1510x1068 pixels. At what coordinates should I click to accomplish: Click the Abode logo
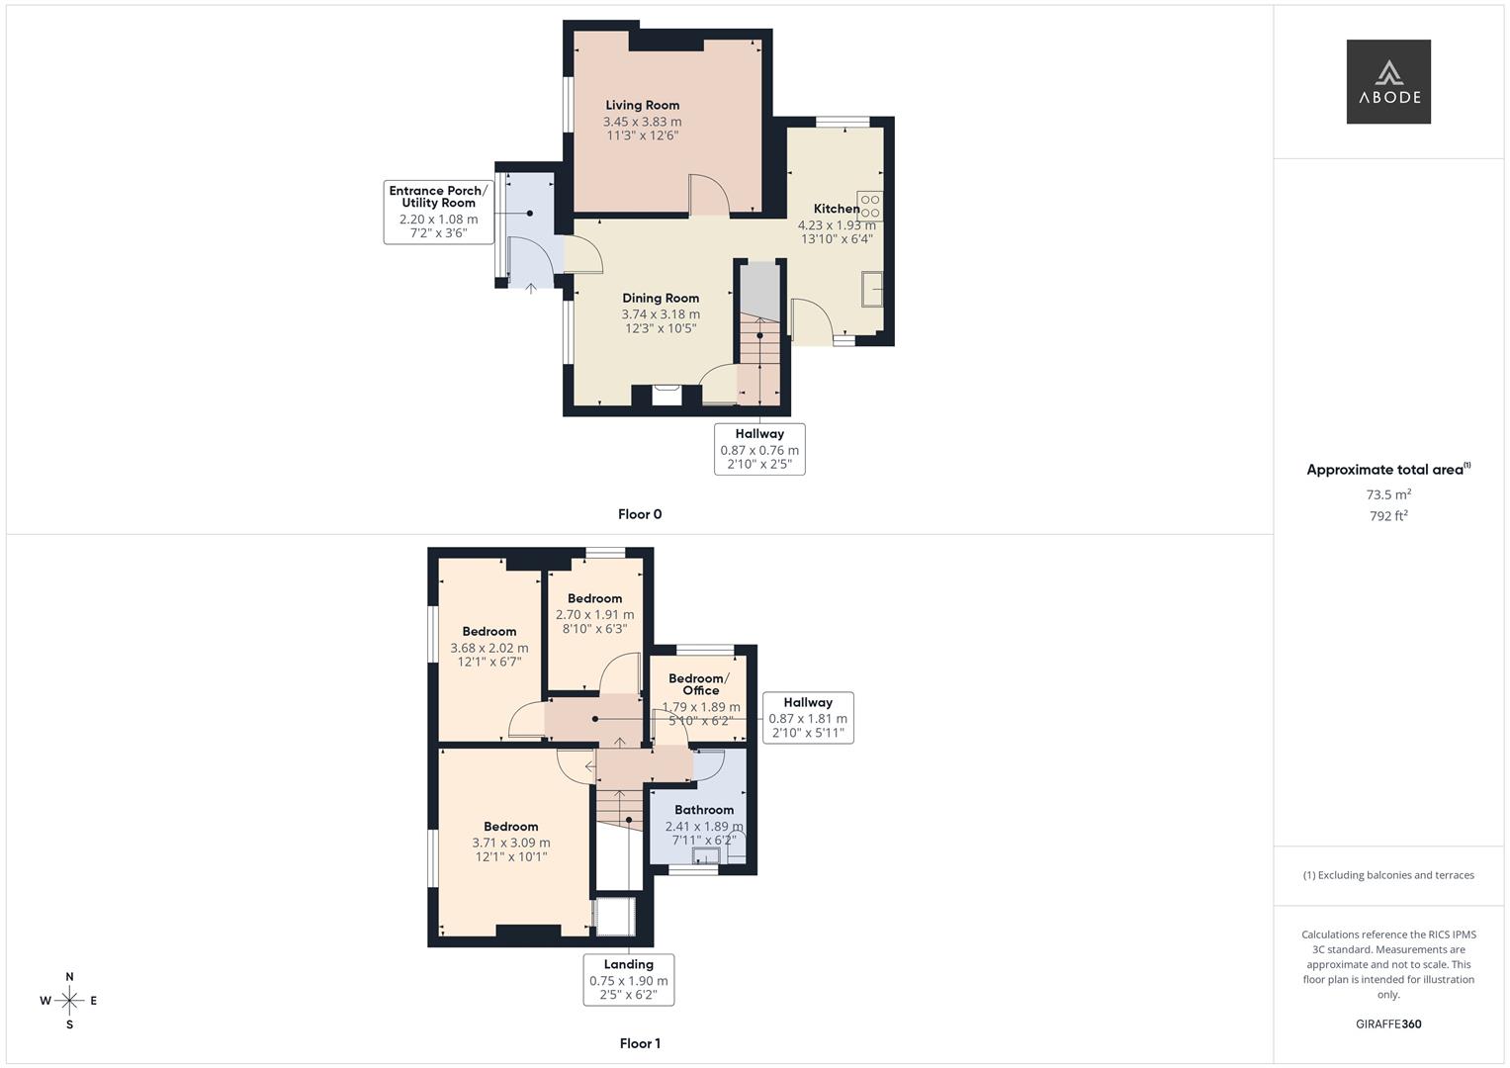(x=1388, y=81)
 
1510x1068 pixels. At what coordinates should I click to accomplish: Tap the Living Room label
(x=642, y=105)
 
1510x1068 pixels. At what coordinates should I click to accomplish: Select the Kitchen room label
(x=837, y=209)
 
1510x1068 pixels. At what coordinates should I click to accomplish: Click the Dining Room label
(x=660, y=298)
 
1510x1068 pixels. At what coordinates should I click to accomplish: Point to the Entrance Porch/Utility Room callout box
(x=439, y=212)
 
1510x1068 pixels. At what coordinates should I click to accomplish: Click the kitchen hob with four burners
(x=869, y=206)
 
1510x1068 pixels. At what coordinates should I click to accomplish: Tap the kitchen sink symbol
(x=872, y=289)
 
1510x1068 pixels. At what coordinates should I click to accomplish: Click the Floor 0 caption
(x=640, y=514)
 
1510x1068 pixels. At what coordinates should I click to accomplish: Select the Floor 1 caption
(x=640, y=1043)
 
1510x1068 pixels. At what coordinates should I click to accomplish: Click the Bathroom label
(x=704, y=810)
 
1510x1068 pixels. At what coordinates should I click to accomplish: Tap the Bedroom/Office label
(x=699, y=684)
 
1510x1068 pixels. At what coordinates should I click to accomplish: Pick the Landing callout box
(x=628, y=980)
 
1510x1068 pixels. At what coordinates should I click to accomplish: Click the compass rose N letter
(x=69, y=977)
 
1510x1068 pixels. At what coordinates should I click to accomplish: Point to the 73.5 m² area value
(x=1388, y=494)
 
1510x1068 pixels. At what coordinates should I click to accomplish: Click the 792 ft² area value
(x=1388, y=516)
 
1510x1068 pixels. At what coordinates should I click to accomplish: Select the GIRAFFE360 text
(x=1388, y=1024)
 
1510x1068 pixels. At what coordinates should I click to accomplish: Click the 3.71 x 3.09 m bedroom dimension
(x=511, y=843)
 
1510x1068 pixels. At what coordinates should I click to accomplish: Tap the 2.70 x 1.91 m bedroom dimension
(x=594, y=615)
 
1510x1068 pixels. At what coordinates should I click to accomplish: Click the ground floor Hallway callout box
(x=759, y=449)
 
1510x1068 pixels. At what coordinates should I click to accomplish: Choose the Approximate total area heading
(x=1388, y=470)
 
